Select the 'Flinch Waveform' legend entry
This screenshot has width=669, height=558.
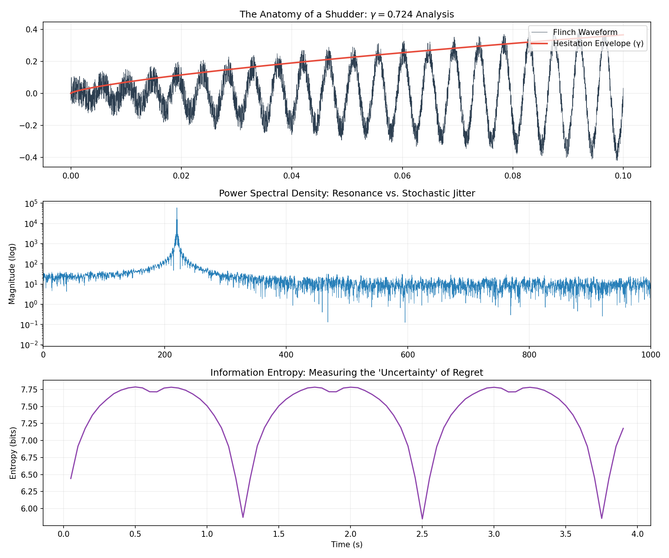click(585, 33)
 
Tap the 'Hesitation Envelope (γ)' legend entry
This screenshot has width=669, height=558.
click(598, 44)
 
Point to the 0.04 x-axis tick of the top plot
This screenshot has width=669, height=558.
click(292, 176)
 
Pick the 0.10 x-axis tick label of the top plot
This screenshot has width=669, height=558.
click(623, 176)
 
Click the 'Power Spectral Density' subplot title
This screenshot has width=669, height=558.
click(346, 193)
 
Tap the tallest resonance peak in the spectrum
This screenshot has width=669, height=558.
click(177, 208)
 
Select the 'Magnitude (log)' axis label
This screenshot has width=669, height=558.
click(12, 274)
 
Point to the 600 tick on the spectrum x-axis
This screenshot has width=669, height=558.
click(407, 355)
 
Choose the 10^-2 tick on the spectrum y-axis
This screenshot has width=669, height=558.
click(33, 345)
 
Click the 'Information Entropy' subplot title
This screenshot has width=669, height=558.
click(346, 373)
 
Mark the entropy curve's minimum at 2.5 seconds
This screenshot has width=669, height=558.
click(422, 519)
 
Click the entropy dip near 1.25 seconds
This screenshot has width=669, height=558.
click(243, 517)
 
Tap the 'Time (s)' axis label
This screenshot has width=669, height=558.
click(346, 545)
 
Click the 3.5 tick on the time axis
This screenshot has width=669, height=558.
click(566, 534)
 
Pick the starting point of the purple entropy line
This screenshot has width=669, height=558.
click(71, 478)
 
